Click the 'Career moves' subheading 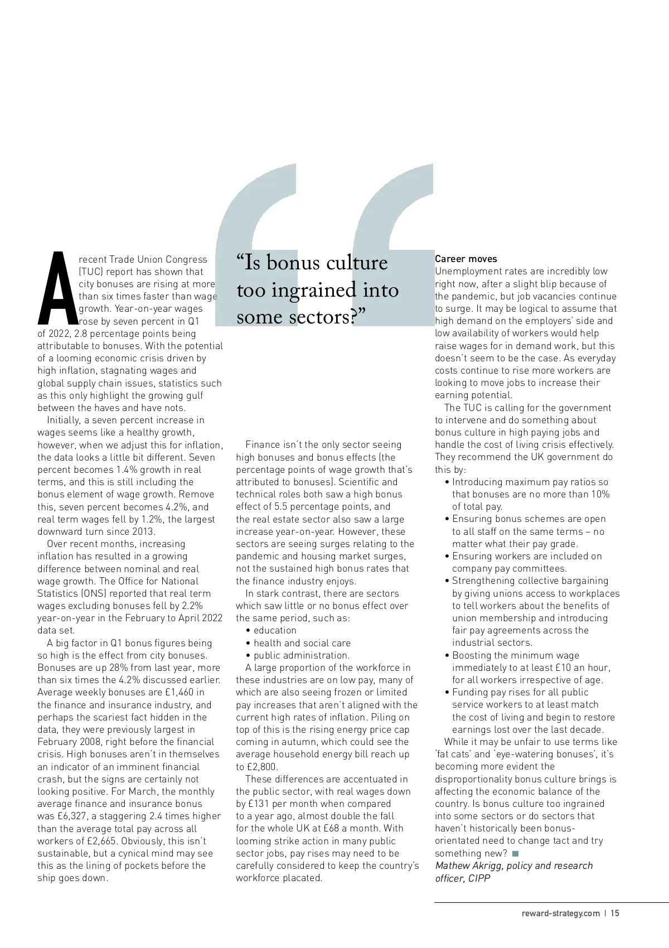[466, 259]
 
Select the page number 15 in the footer [615, 913]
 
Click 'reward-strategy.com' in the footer [561, 913]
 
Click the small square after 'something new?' [515, 854]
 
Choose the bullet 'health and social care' [302, 643]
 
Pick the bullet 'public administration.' [302, 655]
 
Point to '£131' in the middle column [259, 804]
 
